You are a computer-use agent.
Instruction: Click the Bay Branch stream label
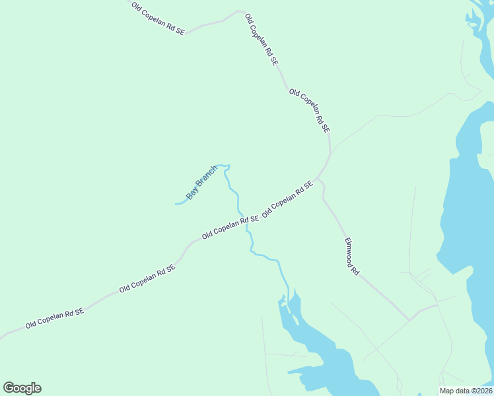pos(201,183)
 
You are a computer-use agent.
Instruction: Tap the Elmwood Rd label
pos(351,257)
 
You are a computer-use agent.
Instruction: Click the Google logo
pos(22,388)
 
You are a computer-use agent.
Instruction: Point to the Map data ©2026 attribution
pos(466,391)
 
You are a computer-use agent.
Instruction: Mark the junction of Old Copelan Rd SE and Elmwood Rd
pos(318,179)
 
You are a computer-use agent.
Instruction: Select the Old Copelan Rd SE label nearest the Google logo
pos(55,319)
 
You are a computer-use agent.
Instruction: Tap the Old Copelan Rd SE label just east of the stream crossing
pos(287,199)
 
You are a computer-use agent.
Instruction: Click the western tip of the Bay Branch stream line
pos(176,204)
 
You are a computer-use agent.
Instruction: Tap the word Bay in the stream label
pos(192,194)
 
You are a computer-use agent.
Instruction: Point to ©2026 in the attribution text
pos(481,391)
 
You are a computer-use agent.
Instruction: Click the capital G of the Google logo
pos(9,387)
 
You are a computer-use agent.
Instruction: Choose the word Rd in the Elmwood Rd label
pos(355,270)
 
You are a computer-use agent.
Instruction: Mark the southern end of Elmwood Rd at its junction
pos(409,320)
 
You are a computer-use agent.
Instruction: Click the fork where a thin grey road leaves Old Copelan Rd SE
pos(330,148)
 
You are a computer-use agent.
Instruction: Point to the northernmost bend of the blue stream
pos(225,165)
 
